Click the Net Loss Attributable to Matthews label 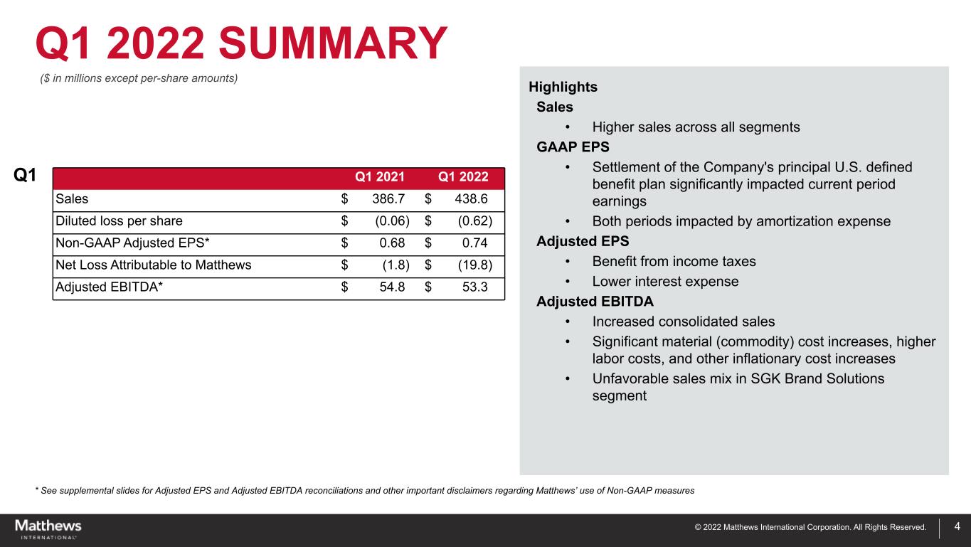153,266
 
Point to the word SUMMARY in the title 333,44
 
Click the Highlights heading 563,87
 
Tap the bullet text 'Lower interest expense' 665,281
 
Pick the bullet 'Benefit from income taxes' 674,261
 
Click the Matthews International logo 48,529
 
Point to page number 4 957,527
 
